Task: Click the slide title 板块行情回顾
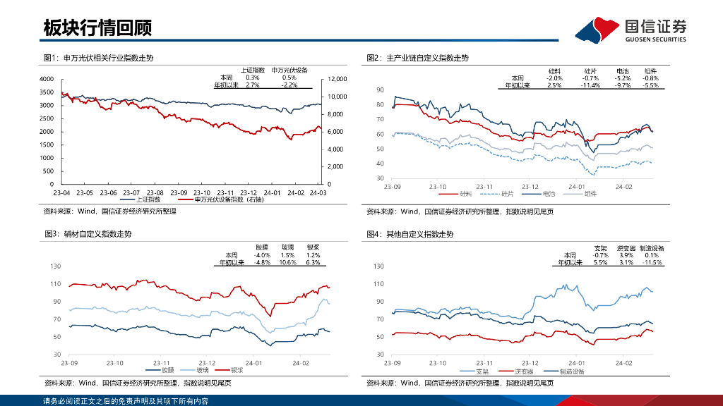[97, 28]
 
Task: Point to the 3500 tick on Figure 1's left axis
[47, 92]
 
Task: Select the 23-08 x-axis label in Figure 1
[155, 192]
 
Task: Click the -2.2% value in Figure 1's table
[289, 85]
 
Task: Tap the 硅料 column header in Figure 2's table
[554, 71]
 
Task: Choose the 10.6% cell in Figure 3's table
[287, 262]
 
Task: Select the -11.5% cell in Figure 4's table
[650, 262]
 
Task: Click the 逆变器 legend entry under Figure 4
[523, 370]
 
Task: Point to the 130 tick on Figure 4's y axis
[378, 266]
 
